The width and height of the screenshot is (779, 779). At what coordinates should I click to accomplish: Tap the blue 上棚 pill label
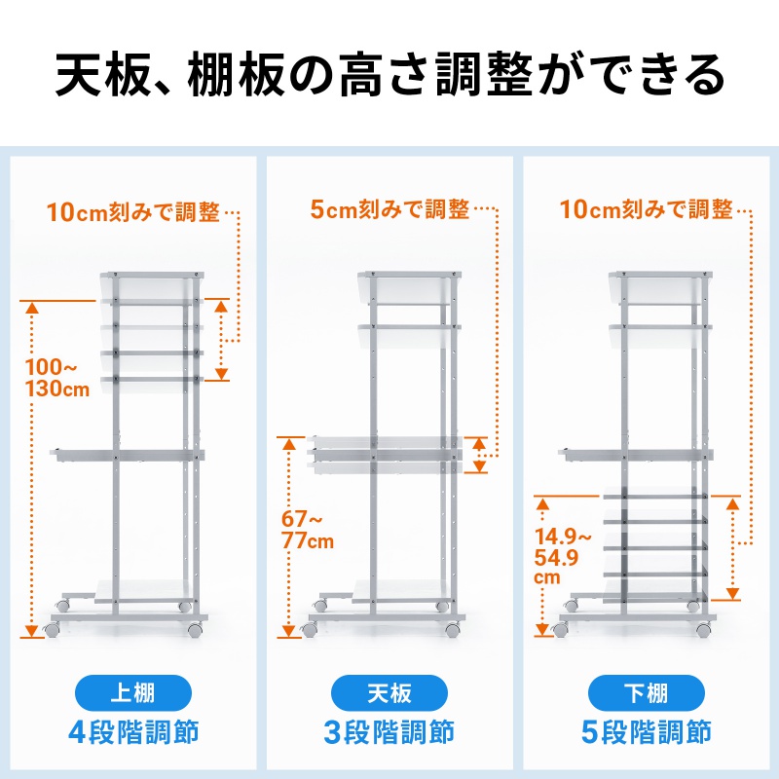[133, 693]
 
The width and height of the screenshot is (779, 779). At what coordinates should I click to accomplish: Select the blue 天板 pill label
[389, 693]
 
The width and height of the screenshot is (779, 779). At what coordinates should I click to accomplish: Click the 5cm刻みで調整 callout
[389, 208]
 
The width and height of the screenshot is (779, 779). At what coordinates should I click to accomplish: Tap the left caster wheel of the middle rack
[311, 630]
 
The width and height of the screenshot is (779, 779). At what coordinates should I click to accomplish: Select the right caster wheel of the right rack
[704, 630]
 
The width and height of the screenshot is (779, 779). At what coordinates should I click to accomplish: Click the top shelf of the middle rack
[408, 286]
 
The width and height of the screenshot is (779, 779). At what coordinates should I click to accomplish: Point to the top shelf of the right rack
[659, 286]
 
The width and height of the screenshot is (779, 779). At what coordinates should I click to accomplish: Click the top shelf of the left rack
[151, 286]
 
